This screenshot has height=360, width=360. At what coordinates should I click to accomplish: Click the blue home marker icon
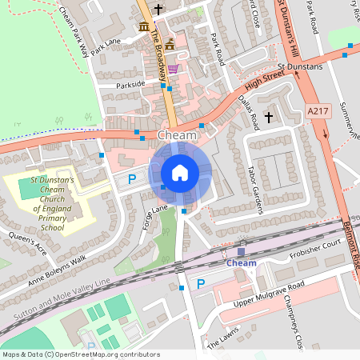(x=180, y=172)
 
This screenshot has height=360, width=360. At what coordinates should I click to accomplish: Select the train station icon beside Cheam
(x=241, y=251)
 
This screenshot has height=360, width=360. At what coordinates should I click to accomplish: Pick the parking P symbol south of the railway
(x=201, y=284)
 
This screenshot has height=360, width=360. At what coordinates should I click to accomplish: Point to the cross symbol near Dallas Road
(x=269, y=118)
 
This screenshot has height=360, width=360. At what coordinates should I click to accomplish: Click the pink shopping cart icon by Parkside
(x=173, y=69)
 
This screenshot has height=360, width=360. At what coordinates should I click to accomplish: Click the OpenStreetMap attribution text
(x=81, y=354)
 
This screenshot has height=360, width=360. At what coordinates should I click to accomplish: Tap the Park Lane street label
(x=106, y=46)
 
